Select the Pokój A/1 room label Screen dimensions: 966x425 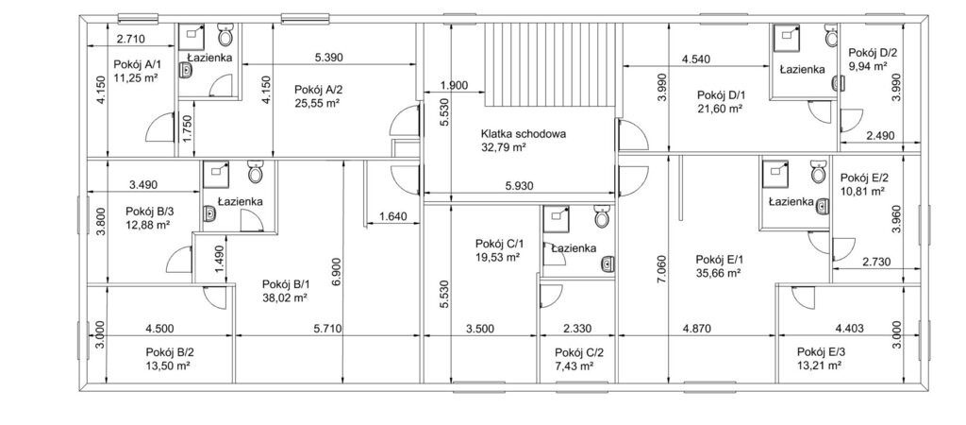pos(137,64)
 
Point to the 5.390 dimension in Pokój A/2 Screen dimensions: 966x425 pos(328,58)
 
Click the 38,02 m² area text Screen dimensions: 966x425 pos(285,297)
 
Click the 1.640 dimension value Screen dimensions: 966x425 pos(393,216)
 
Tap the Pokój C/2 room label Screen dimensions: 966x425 pos(579,352)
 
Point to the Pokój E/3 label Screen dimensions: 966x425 pos(822,351)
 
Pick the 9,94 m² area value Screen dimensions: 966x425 pos(868,65)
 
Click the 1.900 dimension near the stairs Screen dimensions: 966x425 pos(454,86)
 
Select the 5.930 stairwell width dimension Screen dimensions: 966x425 pos(518,184)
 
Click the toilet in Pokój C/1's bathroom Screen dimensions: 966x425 pos(602,216)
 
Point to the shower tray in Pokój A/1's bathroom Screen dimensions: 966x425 pos(192,37)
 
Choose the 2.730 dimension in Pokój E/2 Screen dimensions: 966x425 pos(875,263)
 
